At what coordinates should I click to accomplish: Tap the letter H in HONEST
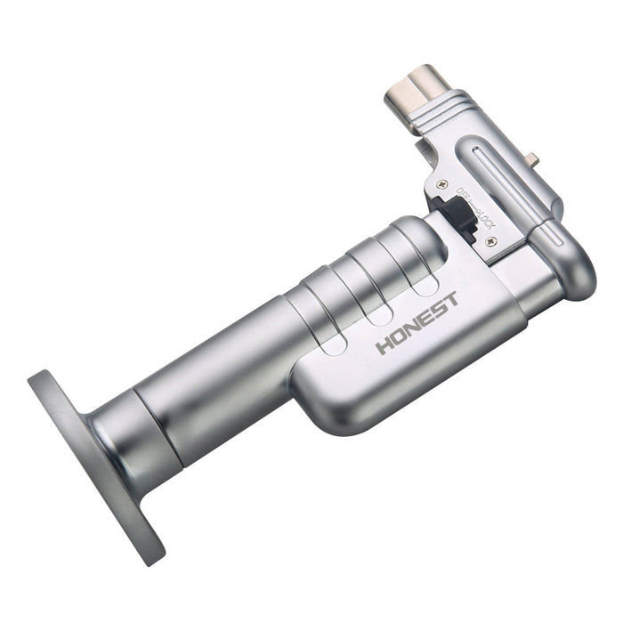384,344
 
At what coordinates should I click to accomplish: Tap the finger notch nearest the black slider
425,283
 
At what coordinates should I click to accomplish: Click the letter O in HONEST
398,336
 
